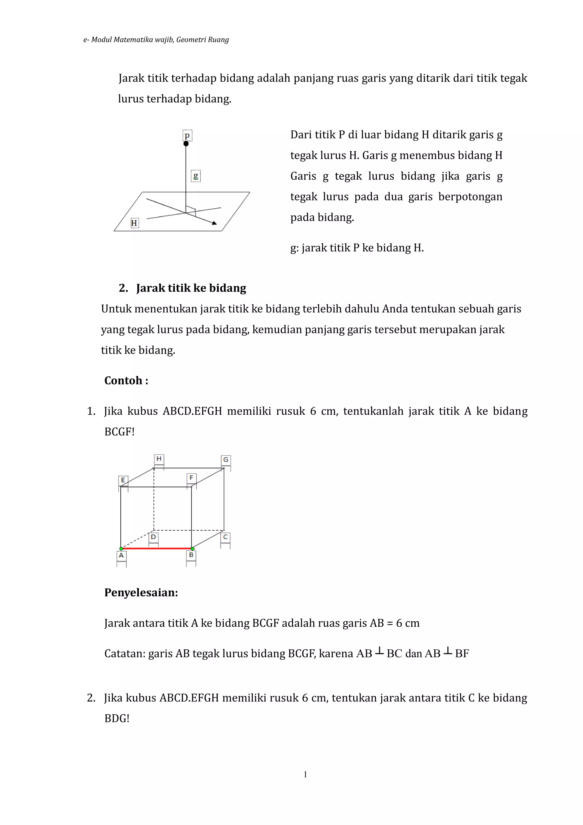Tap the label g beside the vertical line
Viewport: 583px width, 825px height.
tap(196, 176)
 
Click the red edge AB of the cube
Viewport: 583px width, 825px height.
tap(157, 548)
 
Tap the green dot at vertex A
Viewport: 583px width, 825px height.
tap(121, 549)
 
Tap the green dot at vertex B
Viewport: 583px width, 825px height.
tap(192, 549)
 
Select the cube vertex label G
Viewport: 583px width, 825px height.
tap(225, 460)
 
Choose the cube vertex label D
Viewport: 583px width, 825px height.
tap(153, 537)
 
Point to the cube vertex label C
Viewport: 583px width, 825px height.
tap(225, 537)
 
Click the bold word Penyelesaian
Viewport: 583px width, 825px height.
tap(141, 593)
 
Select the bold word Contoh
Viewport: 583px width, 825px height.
tap(126, 380)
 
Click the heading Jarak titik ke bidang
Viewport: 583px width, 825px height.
tap(191, 288)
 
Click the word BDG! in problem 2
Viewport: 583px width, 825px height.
tap(116, 718)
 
